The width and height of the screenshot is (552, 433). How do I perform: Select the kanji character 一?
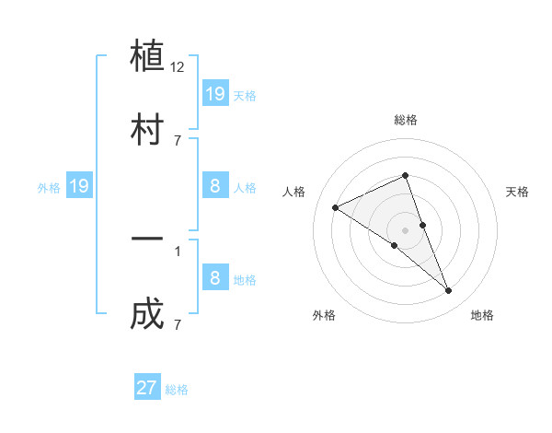(147, 240)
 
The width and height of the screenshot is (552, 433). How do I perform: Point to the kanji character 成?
(147, 313)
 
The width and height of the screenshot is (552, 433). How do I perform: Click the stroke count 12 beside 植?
(178, 67)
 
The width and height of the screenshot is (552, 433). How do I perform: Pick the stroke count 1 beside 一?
(178, 250)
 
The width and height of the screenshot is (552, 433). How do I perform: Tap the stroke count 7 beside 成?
(178, 323)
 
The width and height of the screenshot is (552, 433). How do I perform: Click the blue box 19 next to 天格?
(214, 93)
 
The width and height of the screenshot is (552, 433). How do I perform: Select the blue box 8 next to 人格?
(214, 186)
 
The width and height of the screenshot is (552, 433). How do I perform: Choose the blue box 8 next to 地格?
(214, 277)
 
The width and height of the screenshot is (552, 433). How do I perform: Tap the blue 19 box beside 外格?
(79, 186)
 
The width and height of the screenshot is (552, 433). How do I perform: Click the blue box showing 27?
(147, 387)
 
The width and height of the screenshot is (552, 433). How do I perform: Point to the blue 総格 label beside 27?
(177, 389)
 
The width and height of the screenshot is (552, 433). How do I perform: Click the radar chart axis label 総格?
(405, 120)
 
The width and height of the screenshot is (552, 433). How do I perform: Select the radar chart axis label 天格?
(517, 192)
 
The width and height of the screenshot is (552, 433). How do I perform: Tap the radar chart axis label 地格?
(482, 315)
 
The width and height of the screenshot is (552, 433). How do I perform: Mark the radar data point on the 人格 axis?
(336, 207)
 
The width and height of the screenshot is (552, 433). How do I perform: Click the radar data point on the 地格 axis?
(449, 291)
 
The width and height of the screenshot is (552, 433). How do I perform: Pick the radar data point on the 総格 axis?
(405, 175)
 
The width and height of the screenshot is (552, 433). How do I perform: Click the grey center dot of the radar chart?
(405, 229)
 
